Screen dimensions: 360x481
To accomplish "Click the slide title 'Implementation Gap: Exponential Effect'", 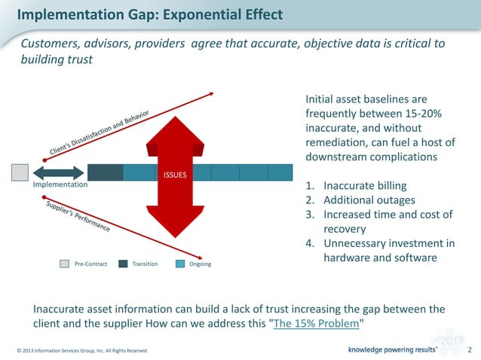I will tap(150, 14).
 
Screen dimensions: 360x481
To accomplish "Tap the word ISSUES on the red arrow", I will tap(175, 175).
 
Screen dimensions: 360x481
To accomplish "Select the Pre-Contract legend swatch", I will tap(64, 264).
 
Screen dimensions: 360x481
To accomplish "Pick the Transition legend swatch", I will tap(123, 264).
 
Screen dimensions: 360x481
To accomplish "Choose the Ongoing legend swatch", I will tap(180, 264).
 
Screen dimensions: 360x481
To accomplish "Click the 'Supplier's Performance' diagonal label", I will tap(78, 216).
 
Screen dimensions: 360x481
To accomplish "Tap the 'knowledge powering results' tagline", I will tap(392, 350).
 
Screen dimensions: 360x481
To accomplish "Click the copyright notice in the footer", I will tap(78, 351).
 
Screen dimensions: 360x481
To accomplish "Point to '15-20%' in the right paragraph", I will tap(420, 114).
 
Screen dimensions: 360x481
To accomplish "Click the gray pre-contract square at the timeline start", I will tap(20, 172).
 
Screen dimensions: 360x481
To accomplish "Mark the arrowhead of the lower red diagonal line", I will tap(203, 258).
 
